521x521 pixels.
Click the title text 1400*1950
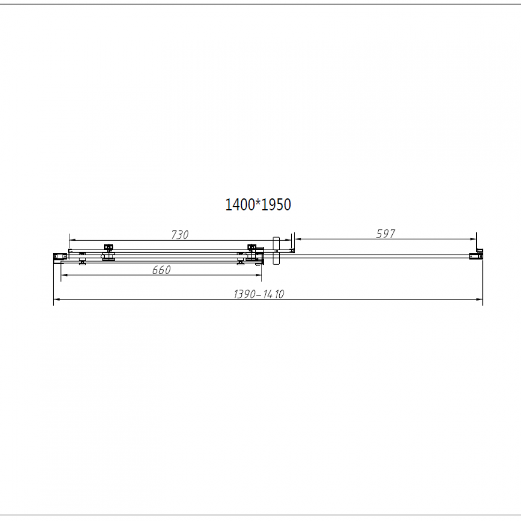pos(258,205)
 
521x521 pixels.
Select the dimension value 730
pos(180,235)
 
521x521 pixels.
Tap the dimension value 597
pos(386,234)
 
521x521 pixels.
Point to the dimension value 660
pos(162,270)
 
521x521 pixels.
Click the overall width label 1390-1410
pos(259,294)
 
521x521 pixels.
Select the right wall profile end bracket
pos(476,256)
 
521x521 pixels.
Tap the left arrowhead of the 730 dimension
pos(73,240)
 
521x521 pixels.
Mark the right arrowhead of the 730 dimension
pos(288,240)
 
